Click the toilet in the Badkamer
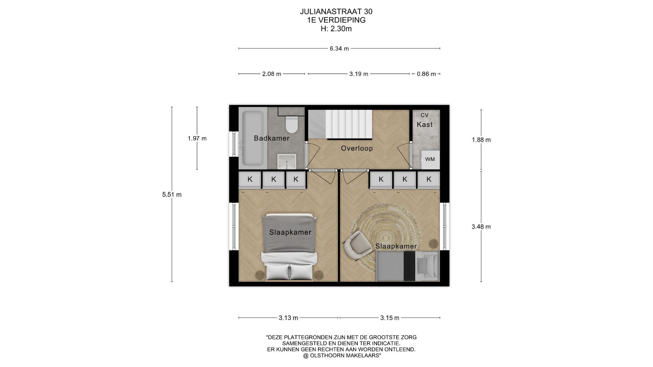(291, 124)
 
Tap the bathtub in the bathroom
(252, 138)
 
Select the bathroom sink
(287, 161)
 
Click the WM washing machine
(430, 159)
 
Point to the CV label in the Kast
(424, 115)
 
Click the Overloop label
(357, 148)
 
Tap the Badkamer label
(272, 138)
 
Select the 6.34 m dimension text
(339, 49)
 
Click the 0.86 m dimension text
(426, 74)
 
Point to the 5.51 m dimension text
(172, 195)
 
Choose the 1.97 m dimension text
(197, 139)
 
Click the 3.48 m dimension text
(481, 227)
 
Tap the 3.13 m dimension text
(288, 318)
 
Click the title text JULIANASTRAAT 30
(336, 12)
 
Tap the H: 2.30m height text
(336, 29)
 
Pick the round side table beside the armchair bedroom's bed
(434, 244)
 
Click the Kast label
(425, 125)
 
